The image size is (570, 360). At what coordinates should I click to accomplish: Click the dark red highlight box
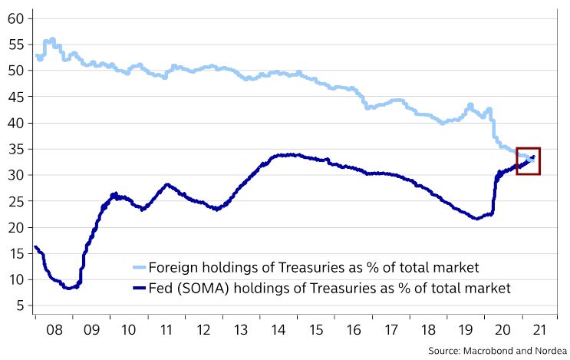528,160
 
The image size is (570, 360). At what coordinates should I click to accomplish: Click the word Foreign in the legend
173,267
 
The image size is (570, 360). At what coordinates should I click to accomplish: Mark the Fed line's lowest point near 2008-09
68,288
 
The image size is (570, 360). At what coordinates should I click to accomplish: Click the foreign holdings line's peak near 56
51,38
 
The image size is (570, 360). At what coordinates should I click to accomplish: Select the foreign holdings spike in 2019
470,104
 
